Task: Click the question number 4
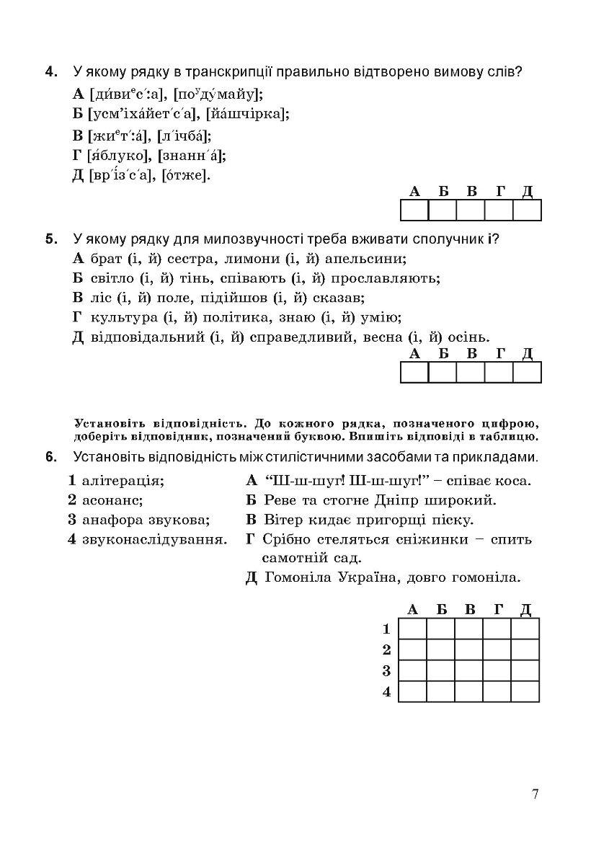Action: pyautogui.click(x=50, y=72)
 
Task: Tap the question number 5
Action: pyautogui.click(x=50, y=239)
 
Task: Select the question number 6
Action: pyautogui.click(x=50, y=456)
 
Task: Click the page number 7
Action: pyautogui.click(x=535, y=794)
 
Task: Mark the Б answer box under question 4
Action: pyautogui.click(x=443, y=210)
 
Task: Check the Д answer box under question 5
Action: pyautogui.click(x=527, y=372)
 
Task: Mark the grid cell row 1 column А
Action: pyautogui.click(x=412, y=629)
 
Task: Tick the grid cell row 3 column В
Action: pyautogui.click(x=468, y=670)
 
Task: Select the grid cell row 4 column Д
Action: pyautogui.click(x=525, y=691)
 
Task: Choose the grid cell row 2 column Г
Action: pyautogui.click(x=497, y=649)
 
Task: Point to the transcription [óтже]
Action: pyautogui.click(x=186, y=175)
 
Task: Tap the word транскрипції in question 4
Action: pyautogui.click(x=218, y=72)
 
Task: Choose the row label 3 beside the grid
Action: pyautogui.click(x=386, y=671)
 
